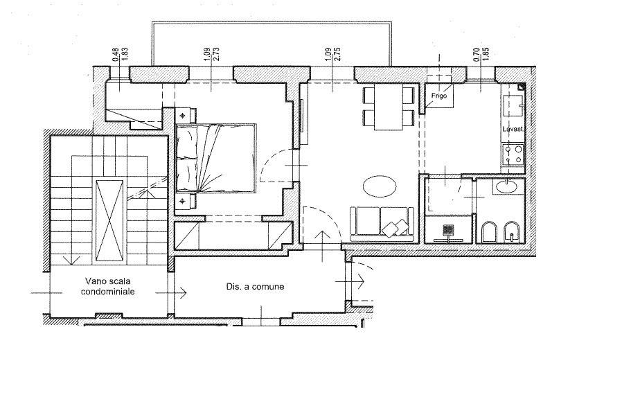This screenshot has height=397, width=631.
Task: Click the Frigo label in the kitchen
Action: [x=438, y=96]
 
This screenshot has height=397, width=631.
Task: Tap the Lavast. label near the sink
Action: [x=513, y=130]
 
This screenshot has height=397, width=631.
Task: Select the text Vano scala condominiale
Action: [x=107, y=286]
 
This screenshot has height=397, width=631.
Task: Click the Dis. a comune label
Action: [x=255, y=287]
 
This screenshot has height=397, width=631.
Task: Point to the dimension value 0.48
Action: [x=116, y=55]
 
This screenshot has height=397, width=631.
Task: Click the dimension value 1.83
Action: [x=125, y=55]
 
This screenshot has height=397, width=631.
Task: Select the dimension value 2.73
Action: [x=216, y=54]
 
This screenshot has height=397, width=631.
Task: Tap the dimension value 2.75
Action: [x=337, y=54]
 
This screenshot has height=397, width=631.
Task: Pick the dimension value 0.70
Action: [x=477, y=54]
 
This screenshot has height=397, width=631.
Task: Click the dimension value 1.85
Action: [x=486, y=54]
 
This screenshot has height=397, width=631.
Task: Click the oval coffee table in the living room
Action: [x=380, y=186]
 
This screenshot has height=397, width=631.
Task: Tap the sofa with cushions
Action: [x=382, y=224]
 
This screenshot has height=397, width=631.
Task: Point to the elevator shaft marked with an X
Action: [x=109, y=220]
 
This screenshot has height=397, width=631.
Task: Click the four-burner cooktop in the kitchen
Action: [x=513, y=155]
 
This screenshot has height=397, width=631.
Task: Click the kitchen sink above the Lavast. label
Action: [x=513, y=105]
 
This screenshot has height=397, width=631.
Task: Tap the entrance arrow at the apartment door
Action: [x=323, y=246]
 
